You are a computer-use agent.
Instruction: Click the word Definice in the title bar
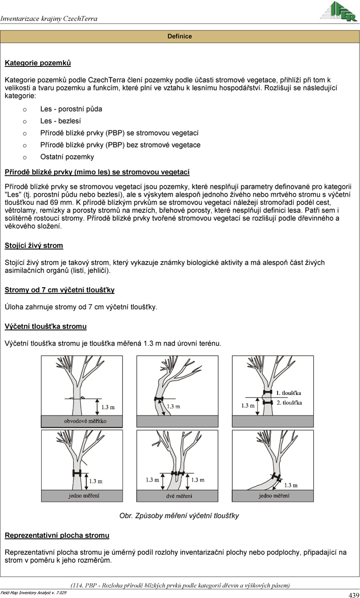(x=179, y=37)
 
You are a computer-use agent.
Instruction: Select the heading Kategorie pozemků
(x=38, y=63)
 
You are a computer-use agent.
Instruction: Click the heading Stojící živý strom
(x=34, y=246)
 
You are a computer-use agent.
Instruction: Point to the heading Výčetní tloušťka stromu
(x=46, y=326)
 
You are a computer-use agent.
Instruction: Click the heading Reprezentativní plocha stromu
(x=57, y=535)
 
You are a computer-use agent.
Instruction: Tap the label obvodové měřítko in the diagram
(x=85, y=421)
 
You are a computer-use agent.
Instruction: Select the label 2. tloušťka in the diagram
(x=289, y=403)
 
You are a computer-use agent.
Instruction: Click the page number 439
(x=354, y=595)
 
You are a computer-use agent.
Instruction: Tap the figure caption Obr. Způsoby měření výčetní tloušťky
(x=179, y=516)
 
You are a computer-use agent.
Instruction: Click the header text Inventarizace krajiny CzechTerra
(x=49, y=19)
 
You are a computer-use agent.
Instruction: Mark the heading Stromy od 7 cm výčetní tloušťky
(x=60, y=290)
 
